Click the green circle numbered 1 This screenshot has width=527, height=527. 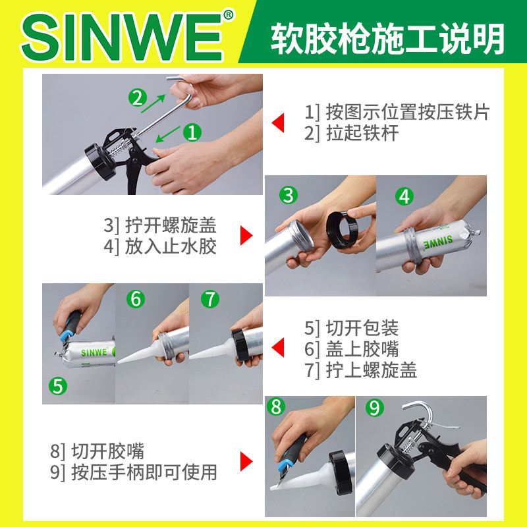pos(192,132)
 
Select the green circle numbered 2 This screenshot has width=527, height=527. pos(137,99)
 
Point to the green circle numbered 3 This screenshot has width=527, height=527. pos(287,195)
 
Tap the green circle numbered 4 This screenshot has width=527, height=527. pos(404,196)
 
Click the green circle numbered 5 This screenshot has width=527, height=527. pos(59,386)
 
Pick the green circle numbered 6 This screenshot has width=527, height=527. pos(136,299)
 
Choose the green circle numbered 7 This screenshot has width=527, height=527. pos(209,299)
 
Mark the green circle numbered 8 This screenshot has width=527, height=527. pos(276,407)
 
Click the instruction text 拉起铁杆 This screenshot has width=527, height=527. pos(352,134)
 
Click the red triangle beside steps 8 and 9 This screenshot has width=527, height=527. pos(246,462)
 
